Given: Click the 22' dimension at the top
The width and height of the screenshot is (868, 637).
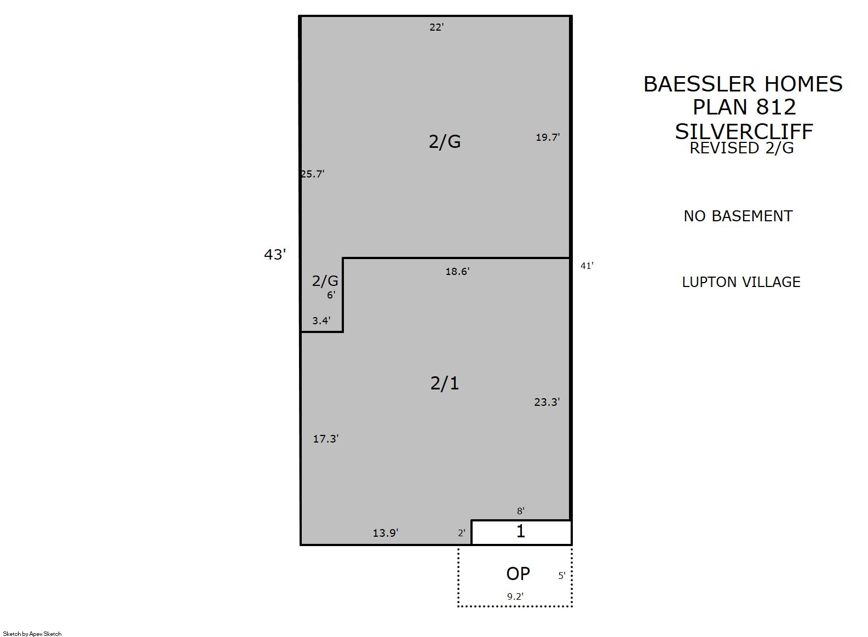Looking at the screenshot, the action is pyautogui.click(x=436, y=27).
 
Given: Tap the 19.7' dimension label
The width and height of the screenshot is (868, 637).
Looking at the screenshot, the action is pyautogui.click(x=548, y=137).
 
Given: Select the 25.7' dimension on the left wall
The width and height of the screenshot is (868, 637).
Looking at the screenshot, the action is pyautogui.click(x=312, y=174).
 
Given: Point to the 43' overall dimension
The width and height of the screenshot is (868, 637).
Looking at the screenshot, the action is pyautogui.click(x=275, y=255).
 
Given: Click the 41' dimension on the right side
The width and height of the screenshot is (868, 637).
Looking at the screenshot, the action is pyautogui.click(x=587, y=266).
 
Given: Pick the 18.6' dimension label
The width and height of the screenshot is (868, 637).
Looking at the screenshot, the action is pyautogui.click(x=457, y=272).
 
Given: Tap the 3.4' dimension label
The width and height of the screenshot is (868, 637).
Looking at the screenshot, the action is pyautogui.click(x=321, y=321).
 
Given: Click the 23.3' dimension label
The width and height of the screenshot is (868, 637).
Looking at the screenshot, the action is pyautogui.click(x=547, y=402).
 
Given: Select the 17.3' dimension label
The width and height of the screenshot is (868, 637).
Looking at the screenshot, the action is pyautogui.click(x=326, y=439).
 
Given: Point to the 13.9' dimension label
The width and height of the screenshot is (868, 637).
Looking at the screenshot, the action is pyautogui.click(x=385, y=533).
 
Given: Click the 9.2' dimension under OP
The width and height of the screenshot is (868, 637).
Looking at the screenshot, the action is pyautogui.click(x=515, y=596).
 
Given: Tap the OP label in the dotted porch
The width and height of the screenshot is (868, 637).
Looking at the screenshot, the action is pyautogui.click(x=518, y=574).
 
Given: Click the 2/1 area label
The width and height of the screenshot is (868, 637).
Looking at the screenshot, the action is pyautogui.click(x=445, y=383).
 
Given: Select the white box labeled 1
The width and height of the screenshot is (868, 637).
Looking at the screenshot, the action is pyautogui.click(x=521, y=533).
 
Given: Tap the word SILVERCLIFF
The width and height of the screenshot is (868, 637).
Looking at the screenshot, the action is pyautogui.click(x=744, y=132).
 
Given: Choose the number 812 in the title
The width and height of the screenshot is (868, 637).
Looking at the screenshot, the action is pyautogui.click(x=776, y=107).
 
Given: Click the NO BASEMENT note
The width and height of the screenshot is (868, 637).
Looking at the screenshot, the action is pyautogui.click(x=738, y=216).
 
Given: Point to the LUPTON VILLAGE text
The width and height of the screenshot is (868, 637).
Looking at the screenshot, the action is pyautogui.click(x=741, y=282).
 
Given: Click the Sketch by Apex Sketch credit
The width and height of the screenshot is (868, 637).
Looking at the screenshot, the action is pyautogui.click(x=32, y=634).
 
